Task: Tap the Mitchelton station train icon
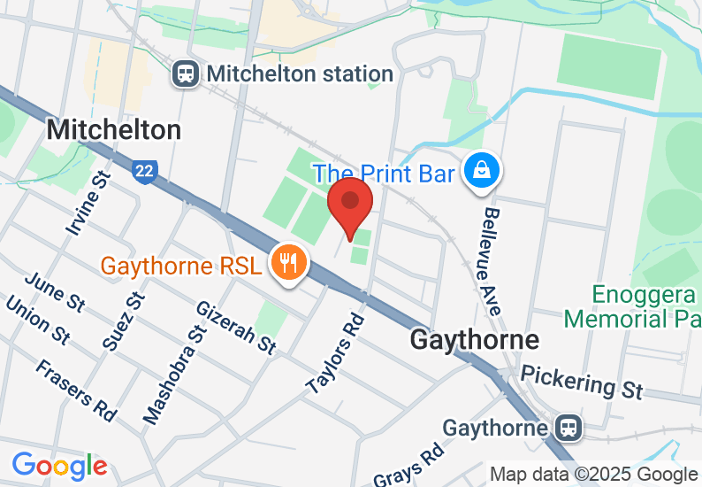[187, 73]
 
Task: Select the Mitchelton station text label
[300, 73]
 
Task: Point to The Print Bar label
[384, 173]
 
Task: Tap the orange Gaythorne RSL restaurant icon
[288, 262]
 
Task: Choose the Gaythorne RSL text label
[181, 266]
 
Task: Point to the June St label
[56, 291]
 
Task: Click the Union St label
[37, 320]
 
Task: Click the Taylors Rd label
[336, 352]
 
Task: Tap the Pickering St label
[581, 380]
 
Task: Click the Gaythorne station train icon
[569, 429]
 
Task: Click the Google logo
[59, 465]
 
